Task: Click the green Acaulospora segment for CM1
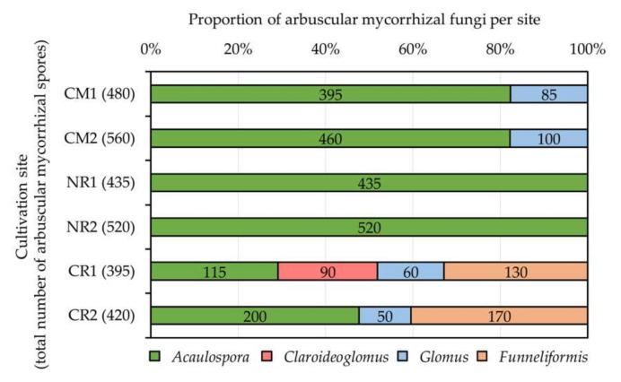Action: (330, 94)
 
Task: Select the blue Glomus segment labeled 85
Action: (549, 94)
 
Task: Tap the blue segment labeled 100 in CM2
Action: (549, 138)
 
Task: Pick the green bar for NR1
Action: (369, 183)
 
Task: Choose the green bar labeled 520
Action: (369, 227)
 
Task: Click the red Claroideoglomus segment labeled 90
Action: (328, 272)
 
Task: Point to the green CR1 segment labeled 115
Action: (214, 272)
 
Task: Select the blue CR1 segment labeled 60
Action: (411, 272)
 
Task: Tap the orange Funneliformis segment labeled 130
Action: (516, 272)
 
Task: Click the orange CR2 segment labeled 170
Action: (500, 316)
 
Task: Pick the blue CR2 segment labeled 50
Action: (385, 316)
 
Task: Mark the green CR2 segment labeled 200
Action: (255, 316)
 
